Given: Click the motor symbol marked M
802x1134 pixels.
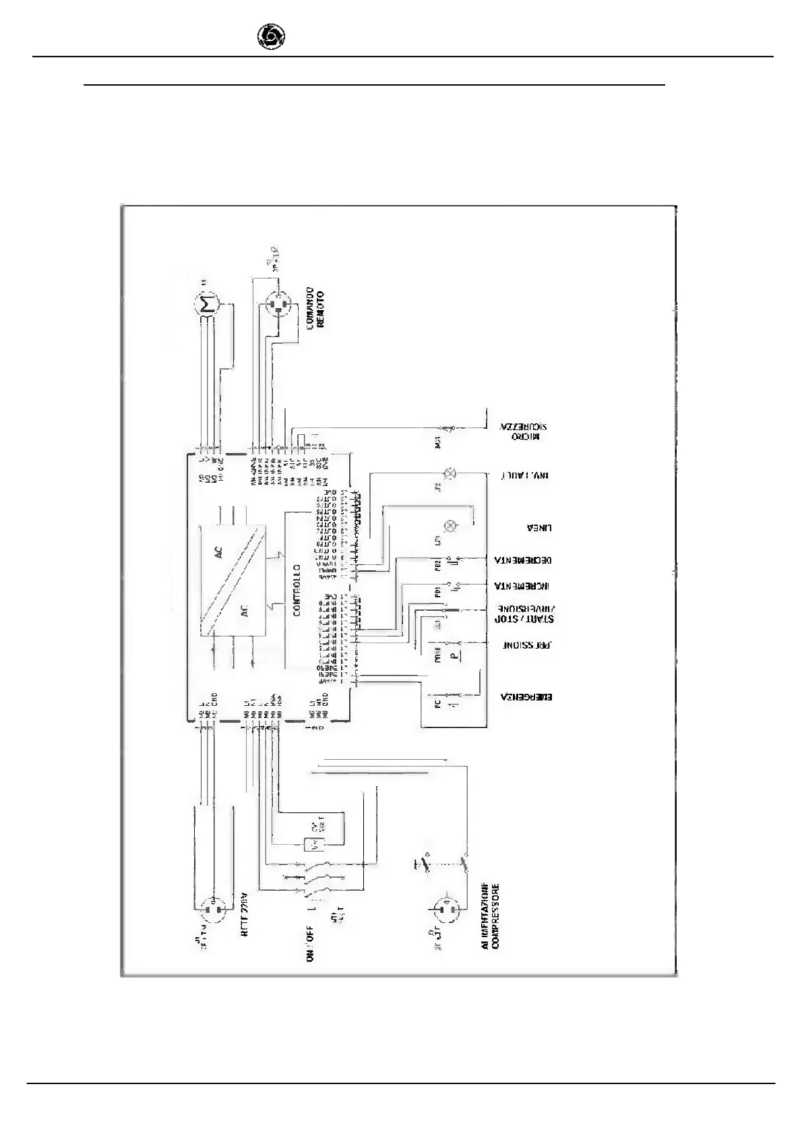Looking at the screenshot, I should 207,304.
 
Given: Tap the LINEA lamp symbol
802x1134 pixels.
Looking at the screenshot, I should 452,526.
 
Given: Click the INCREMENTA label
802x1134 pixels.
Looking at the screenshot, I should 524,585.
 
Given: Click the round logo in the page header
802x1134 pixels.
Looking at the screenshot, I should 271,37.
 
